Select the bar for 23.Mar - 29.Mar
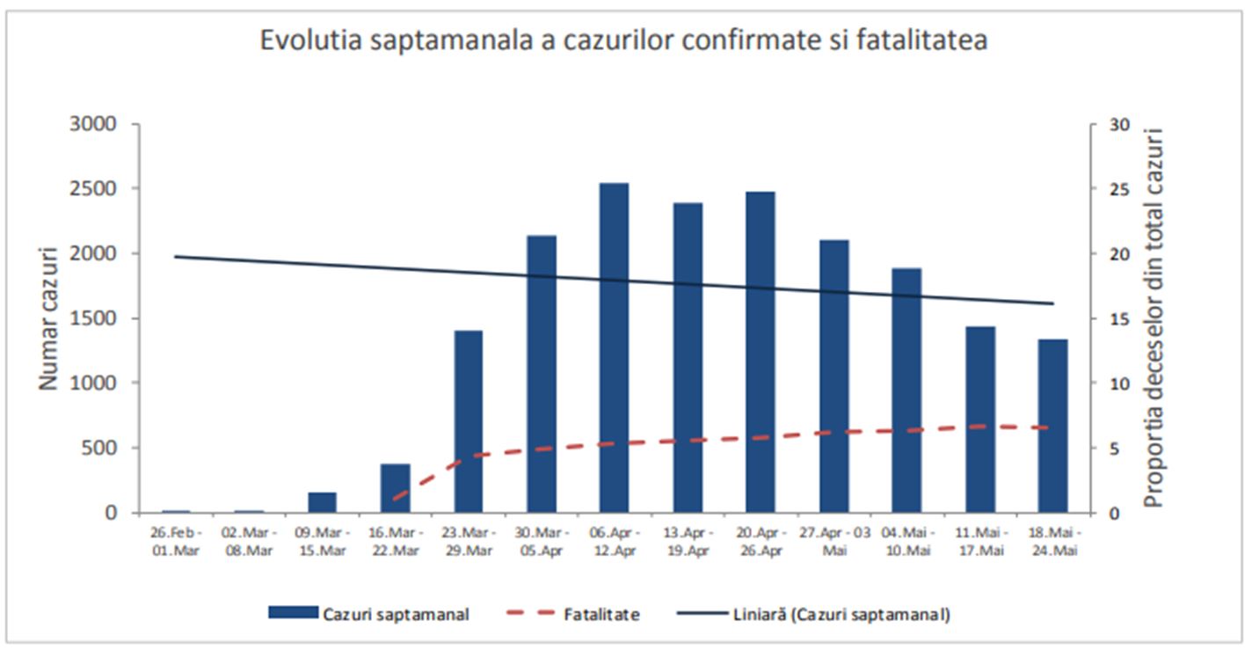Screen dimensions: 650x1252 tap(469, 421)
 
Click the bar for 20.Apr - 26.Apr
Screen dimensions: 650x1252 tap(761, 352)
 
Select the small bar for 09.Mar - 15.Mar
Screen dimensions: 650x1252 tap(322, 502)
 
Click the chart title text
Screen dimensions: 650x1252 tap(623, 40)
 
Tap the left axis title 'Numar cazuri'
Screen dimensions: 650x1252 tap(48, 318)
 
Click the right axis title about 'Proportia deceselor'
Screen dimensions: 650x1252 tap(1154, 318)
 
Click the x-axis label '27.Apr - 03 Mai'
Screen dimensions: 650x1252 tap(833, 542)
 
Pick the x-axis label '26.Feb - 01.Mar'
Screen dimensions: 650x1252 tap(176, 542)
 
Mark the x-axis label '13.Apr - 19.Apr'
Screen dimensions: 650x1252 tap(688, 542)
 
